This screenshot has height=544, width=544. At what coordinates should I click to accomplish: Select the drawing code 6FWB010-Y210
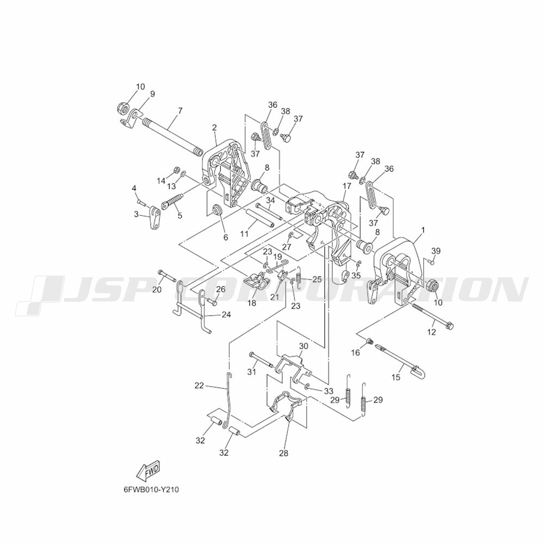[x=151, y=490]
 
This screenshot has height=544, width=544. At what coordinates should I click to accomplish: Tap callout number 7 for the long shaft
[x=180, y=111]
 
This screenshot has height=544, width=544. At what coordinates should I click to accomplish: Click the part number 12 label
[x=431, y=332]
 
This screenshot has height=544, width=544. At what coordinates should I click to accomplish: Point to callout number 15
[x=396, y=378]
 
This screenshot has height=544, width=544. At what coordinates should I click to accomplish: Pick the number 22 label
[x=199, y=386]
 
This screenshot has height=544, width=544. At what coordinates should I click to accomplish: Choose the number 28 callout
[x=283, y=453]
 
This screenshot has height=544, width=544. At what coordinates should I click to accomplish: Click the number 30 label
[x=304, y=346]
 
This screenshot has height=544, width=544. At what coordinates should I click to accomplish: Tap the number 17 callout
[x=347, y=186]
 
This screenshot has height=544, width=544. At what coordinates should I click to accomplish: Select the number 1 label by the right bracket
[x=423, y=230]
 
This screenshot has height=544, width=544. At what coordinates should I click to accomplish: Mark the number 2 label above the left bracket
[x=214, y=128]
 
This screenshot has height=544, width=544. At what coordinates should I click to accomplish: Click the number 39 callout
[x=436, y=251]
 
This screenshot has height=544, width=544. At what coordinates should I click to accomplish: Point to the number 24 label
[x=226, y=314]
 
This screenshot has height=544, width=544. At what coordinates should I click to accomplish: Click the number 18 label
[x=251, y=303]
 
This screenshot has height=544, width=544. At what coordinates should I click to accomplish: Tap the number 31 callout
[x=251, y=372]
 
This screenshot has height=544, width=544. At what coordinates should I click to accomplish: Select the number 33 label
[x=329, y=392]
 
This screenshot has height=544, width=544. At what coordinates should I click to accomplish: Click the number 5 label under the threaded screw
[x=180, y=215]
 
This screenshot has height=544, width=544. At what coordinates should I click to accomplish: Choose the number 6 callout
[x=226, y=237]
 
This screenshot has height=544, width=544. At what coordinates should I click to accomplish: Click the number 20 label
[x=157, y=289]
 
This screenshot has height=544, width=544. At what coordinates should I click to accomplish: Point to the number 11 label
[x=245, y=234]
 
